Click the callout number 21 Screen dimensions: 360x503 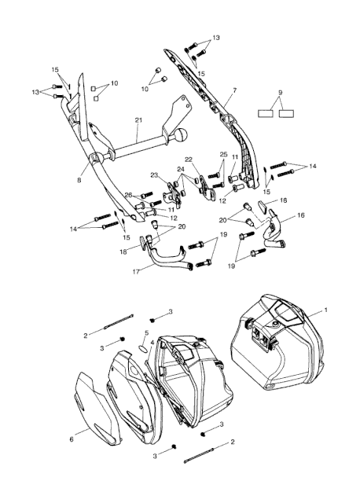click(138, 120)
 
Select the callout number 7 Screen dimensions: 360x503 click(234, 90)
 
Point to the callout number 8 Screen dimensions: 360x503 click(79, 180)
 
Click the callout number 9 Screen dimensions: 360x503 click(281, 93)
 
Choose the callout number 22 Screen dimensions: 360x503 click(189, 160)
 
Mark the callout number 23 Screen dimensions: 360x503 click(155, 174)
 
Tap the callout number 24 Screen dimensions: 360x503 click(181, 169)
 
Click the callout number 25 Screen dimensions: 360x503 click(224, 155)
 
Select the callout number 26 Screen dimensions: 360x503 click(128, 194)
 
